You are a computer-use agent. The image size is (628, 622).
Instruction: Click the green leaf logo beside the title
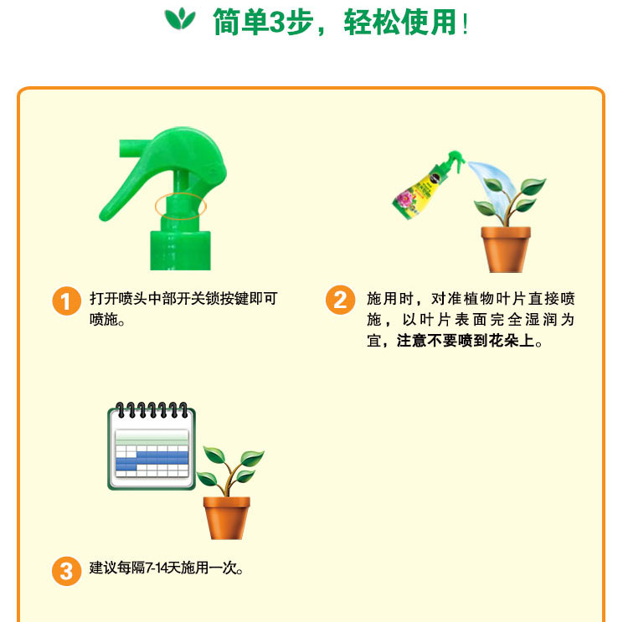tap(180, 18)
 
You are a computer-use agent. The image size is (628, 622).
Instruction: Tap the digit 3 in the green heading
tap(276, 23)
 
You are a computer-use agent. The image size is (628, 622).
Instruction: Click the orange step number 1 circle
tap(66, 301)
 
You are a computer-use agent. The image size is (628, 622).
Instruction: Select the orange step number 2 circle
tap(340, 300)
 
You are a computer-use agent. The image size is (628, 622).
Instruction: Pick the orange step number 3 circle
tap(66, 571)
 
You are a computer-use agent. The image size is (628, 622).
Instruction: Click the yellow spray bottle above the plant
tap(426, 185)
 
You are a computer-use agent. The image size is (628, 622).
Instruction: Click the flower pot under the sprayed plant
tap(506, 249)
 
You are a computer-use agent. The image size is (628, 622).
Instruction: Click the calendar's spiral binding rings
tap(152, 410)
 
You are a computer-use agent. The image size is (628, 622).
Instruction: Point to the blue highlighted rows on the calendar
tap(152, 461)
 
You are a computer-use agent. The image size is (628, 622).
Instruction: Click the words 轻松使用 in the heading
tap(399, 23)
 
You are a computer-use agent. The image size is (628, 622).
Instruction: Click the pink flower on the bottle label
tap(405, 198)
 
